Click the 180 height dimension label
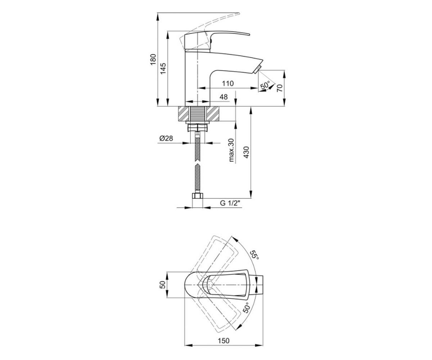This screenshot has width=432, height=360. (x=153, y=60)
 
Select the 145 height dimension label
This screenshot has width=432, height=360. (x=163, y=68)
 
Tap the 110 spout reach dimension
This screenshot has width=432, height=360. (x=228, y=84)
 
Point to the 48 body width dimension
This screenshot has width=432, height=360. (x=224, y=97)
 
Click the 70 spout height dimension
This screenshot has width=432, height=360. (x=279, y=88)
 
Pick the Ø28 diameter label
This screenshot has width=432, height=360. (x=166, y=138)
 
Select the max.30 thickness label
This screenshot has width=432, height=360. (x=231, y=150)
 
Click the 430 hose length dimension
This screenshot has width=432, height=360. (x=246, y=152)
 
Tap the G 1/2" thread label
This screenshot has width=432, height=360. (x=230, y=203)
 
